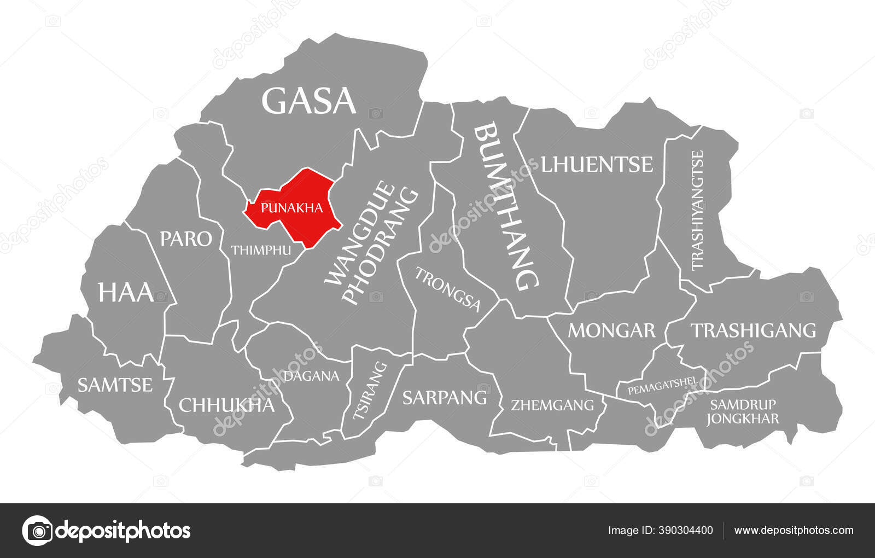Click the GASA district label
309,101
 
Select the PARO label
186,239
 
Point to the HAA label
126,292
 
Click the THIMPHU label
260,251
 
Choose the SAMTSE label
115,385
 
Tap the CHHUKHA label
226,405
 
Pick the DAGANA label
311,376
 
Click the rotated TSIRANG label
370,391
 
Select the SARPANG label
445,398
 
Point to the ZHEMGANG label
552,405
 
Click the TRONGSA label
447,289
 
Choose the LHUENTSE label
597,164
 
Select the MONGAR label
611,330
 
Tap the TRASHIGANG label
753,330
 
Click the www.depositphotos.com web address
794,530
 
